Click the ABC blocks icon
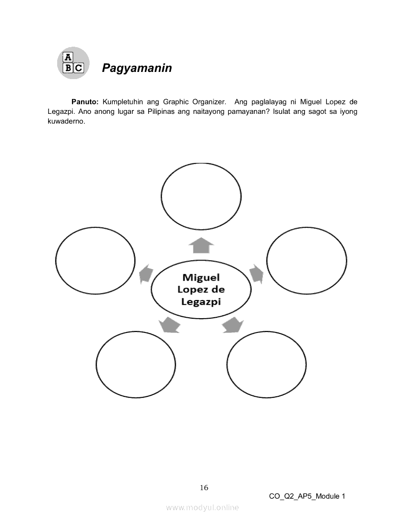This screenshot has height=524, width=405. click(73, 63)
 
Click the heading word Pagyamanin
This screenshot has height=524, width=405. click(137, 68)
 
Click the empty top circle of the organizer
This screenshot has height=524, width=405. click(201, 195)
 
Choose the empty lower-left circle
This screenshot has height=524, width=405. click(136, 365)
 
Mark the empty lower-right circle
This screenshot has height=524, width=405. click(266, 365)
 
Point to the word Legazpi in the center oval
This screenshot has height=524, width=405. click(201, 301)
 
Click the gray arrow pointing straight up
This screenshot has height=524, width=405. click(201, 246)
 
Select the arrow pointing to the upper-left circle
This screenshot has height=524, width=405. click(146, 274)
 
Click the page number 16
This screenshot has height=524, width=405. click(204, 487)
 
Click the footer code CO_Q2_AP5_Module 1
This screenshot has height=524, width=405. click(307, 496)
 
